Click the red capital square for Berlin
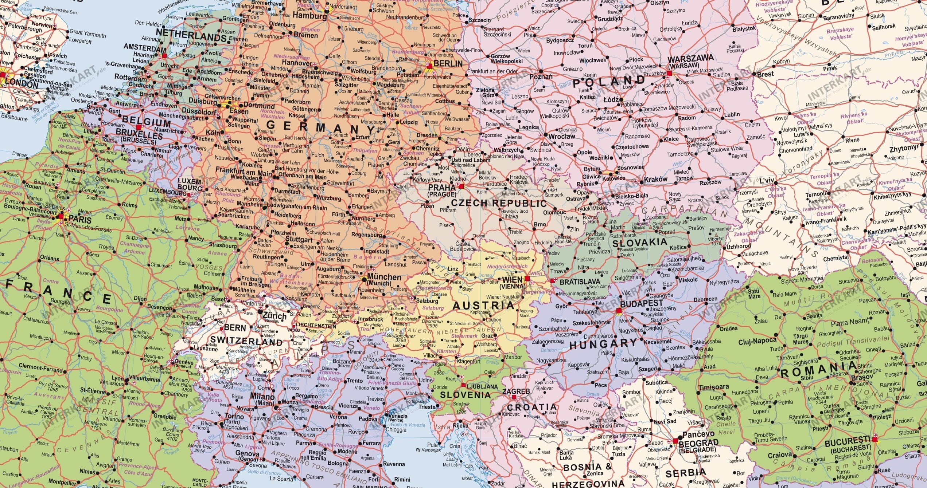coord(430,66)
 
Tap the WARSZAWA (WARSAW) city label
coord(690,62)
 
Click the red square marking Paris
coord(61,216)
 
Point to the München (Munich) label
coord(384,279)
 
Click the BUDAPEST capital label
coord(642,303)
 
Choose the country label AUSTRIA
coord(483,306)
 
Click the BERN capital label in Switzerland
coord(235,327)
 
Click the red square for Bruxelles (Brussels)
coord(139,127)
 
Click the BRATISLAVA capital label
coord(580,282)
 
